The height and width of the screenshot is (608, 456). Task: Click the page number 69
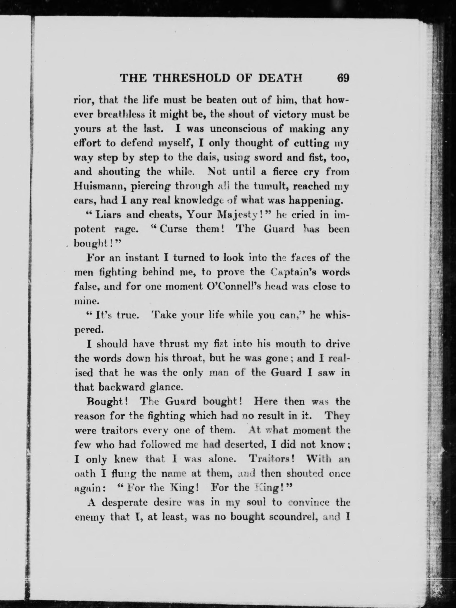click(343, 78)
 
